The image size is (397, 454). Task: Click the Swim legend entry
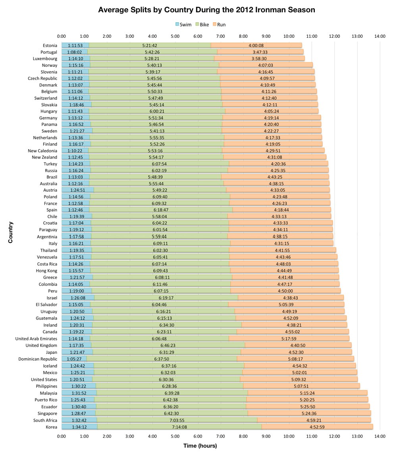183,25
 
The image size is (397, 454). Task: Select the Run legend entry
219,25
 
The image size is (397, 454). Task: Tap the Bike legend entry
201,25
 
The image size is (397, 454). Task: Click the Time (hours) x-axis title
200,446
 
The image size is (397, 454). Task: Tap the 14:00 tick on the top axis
380,37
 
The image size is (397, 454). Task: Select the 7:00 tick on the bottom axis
221,436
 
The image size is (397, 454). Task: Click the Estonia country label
50,45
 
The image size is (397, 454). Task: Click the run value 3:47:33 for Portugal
260,52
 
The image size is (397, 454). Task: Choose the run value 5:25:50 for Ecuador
308,407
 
